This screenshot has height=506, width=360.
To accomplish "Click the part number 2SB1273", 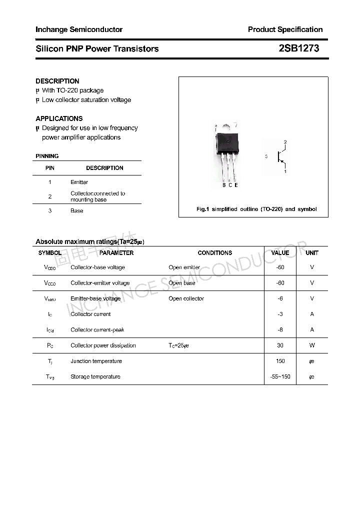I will pos(298,48).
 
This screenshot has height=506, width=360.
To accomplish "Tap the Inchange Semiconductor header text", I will pos(79,29).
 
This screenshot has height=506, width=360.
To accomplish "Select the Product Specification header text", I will pos(285,29).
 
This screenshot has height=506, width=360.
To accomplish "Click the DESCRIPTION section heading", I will pos(57,81).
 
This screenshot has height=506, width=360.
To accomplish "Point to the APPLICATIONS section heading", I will pos(59,118).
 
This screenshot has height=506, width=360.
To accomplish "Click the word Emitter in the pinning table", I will pos(79,182).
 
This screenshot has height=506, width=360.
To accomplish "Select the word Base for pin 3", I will pos(76,211).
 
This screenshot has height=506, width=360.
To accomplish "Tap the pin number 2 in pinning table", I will pos(50,196).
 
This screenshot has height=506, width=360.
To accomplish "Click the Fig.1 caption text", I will pos(256,209).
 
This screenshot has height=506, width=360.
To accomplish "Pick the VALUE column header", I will pos(280,253).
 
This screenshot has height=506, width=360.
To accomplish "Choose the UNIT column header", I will pos(312,253).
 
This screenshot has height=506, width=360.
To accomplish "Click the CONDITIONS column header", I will pos(215,253).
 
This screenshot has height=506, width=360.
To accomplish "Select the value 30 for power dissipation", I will pos(280,345).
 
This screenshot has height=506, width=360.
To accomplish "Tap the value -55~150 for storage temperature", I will pos(280,376).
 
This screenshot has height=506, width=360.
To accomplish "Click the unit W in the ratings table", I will pos(312,345).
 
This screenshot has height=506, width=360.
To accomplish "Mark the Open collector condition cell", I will pos(186,298).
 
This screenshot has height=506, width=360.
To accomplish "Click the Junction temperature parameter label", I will pos(96,361).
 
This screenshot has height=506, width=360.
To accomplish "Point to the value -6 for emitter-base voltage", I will pos(280,298).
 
